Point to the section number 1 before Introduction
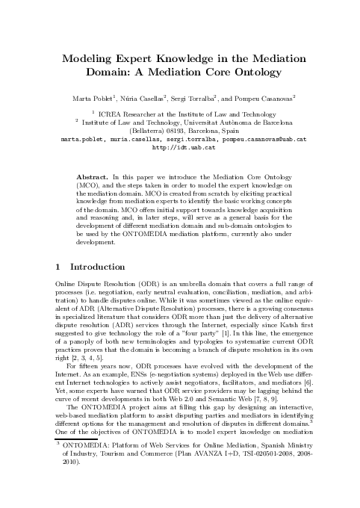[x=59, y=266]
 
